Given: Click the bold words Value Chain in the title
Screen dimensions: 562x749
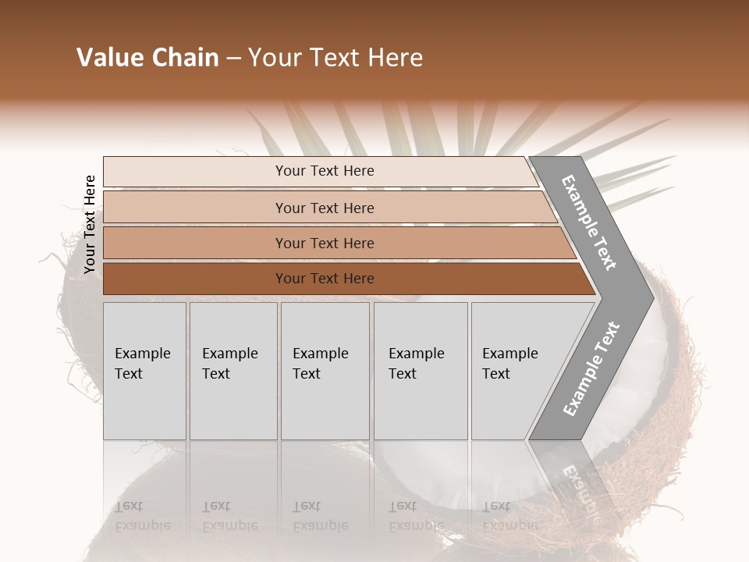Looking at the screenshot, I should pos(147,58).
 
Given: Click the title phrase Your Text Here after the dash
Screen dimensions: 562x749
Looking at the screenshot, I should pos(335,58).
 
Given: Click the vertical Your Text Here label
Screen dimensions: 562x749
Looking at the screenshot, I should pos(90,224).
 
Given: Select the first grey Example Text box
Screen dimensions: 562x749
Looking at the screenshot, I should pos(144,371).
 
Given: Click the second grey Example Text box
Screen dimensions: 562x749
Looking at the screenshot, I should pos(233,371).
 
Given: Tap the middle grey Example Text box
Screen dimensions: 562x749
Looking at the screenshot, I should pos(325,371).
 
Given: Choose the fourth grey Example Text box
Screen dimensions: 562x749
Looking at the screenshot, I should pos(421,371).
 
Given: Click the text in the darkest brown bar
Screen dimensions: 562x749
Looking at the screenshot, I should pos(325,279).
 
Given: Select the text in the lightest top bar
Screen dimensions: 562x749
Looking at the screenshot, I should pos(325,171).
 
